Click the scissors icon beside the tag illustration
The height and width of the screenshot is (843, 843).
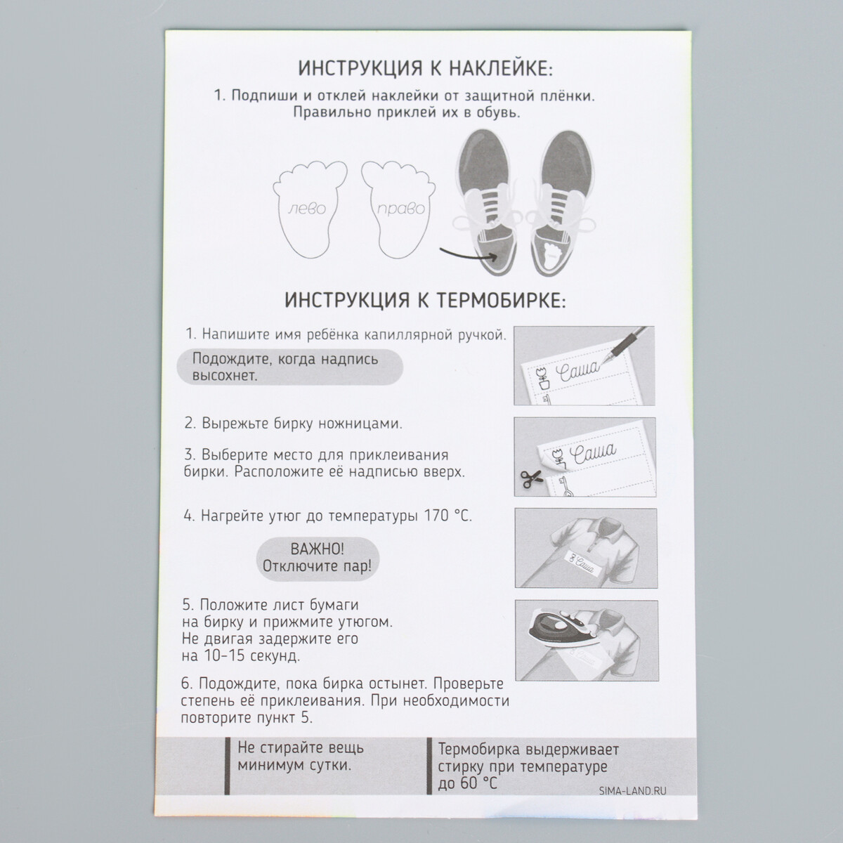point(528,478)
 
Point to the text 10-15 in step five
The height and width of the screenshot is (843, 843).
point(224,657)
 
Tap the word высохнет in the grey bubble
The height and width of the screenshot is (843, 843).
point(225,376)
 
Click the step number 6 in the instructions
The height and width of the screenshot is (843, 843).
point(187,684)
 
